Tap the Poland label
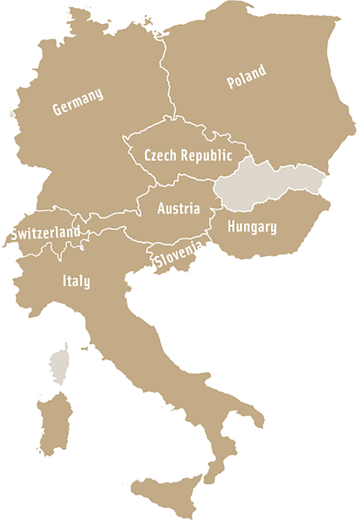click(247, 77)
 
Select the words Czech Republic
click(188, 156)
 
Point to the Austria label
click(179, 208)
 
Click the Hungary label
click(252, 227)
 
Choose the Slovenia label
click(178, 255)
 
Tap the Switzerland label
click(45, 232)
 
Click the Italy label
click(76, 281)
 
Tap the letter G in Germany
click(56, 109)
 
